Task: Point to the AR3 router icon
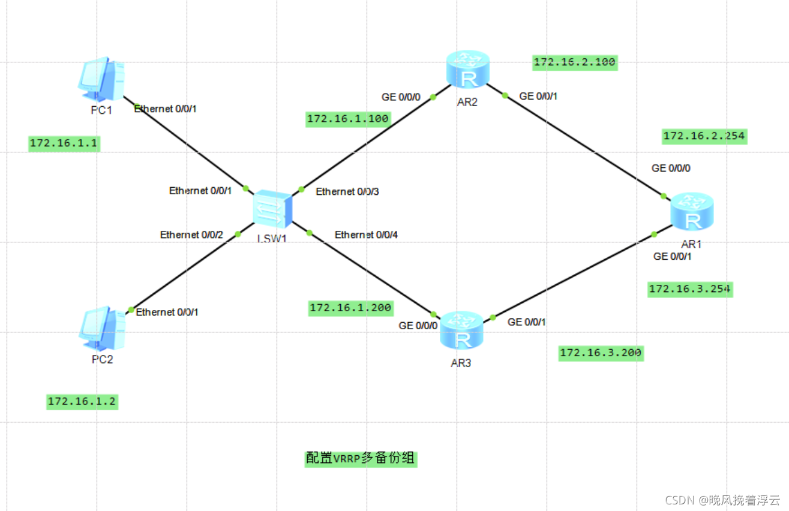461,331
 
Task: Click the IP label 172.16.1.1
64,143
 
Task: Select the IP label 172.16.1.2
82,402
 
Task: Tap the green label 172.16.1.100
347,119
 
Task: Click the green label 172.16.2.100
575,62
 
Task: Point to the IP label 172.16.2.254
704,136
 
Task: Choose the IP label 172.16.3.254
689,289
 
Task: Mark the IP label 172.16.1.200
350,308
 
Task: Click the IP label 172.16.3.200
601,353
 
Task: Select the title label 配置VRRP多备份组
360,458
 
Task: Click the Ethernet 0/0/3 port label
347,192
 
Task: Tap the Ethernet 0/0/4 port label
366,235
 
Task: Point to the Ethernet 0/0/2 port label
191,235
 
